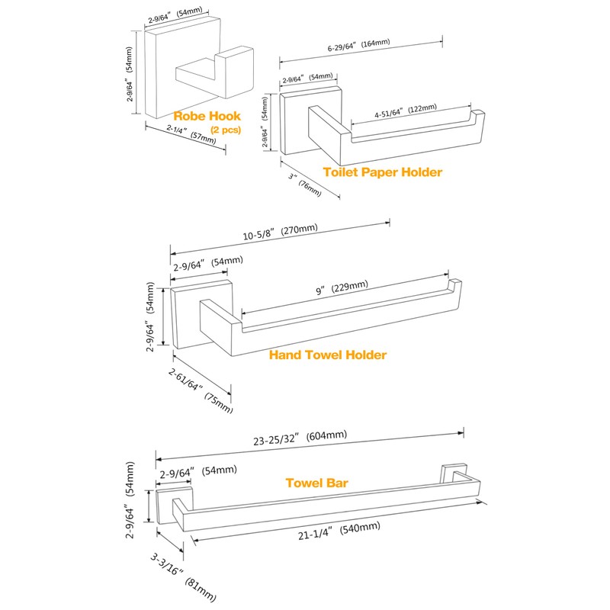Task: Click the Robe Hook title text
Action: [x=207, y=116]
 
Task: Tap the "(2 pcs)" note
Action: [x=226, y=130]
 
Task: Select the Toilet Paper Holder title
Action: [x=382, y=172]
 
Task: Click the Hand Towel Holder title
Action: [x=328, y=355]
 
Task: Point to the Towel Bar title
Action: [x=316, y=483]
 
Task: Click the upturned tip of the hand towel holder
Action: [x=454, y=288]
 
